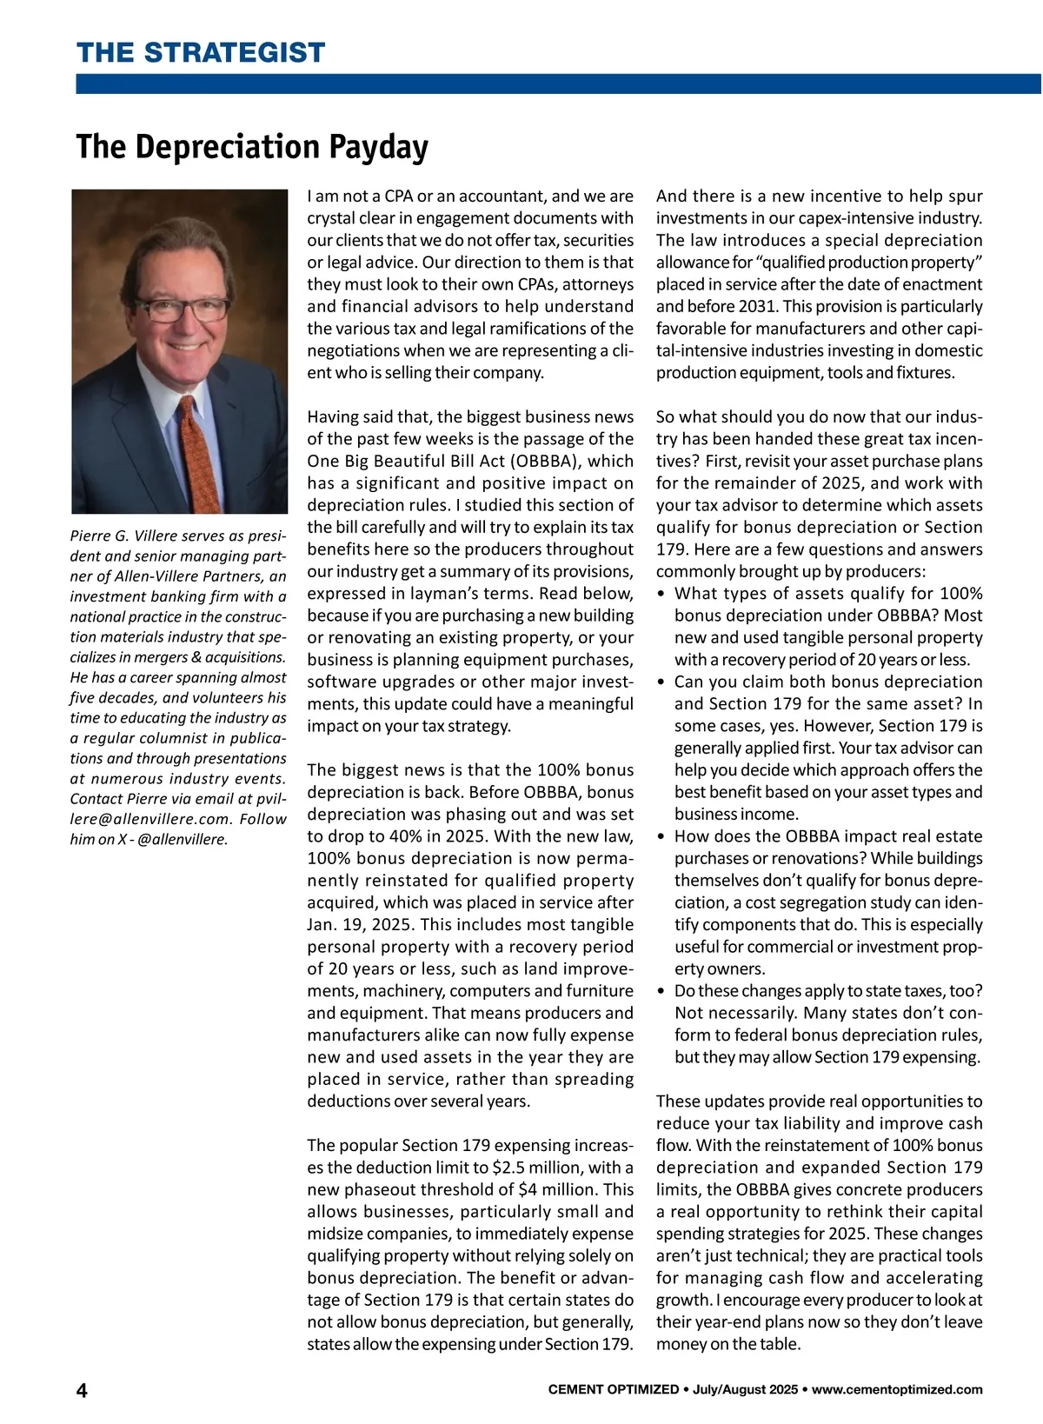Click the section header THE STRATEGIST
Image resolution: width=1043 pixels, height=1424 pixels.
(x=201, y=52)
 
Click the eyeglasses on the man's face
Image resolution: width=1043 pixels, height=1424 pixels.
(x=183, y=307)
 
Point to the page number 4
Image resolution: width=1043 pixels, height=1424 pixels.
(x=82, y=1390)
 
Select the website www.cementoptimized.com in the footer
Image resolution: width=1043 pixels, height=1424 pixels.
(x=897, y=1389)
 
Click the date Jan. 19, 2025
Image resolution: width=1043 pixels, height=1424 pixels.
(x=360, y=925)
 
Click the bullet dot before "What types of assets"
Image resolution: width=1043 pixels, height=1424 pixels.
(x=662, y=594)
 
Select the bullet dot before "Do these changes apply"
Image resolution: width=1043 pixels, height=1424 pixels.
(x=662, y=991)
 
